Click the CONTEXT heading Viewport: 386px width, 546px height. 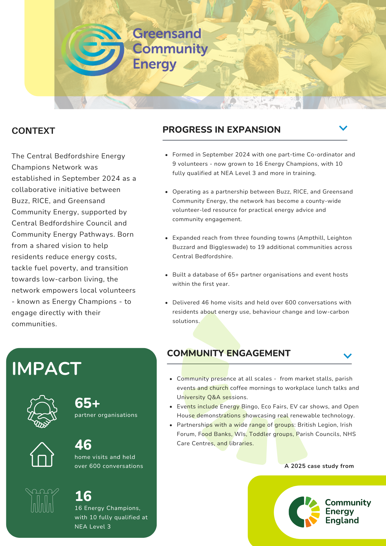[33, 131]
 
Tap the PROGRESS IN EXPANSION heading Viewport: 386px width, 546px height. [221, 129]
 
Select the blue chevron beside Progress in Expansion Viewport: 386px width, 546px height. [343, 128]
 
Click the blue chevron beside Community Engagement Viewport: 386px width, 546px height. [347, 356]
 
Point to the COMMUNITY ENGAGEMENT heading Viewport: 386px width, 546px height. [228, 353]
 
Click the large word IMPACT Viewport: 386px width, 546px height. [46, 369]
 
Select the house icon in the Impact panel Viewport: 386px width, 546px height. [42, 455]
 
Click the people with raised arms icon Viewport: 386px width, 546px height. [42, 500]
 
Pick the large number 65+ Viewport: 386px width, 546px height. [87, 403]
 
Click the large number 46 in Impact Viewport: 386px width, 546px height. [83, 445]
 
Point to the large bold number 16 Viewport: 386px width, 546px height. [83, 496]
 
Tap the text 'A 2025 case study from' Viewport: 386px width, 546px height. [319, 466]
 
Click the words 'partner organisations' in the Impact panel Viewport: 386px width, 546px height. [106, 415]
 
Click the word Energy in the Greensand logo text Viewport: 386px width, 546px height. [155, 64]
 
